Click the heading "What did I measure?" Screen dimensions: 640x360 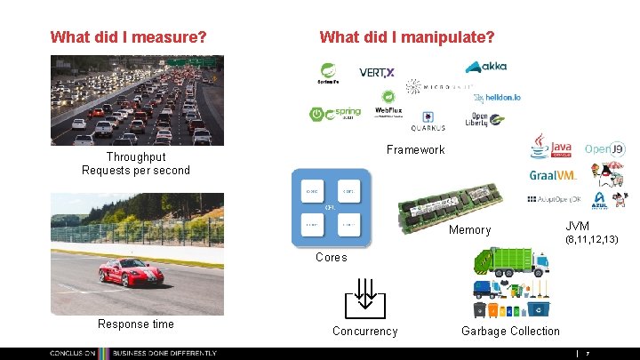point(129,37)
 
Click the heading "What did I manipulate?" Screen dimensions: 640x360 point(406,37)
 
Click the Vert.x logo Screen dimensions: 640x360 point(377,72)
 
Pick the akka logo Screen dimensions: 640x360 point(487,67)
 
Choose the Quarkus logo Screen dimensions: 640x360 point(428,121)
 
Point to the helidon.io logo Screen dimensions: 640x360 point(497,98)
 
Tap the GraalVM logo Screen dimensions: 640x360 point(553,175)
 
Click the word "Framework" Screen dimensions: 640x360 point(415,149)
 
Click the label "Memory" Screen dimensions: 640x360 point(469,230)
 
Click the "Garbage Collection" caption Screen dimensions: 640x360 point(510,332)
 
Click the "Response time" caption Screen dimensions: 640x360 point(136,324)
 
